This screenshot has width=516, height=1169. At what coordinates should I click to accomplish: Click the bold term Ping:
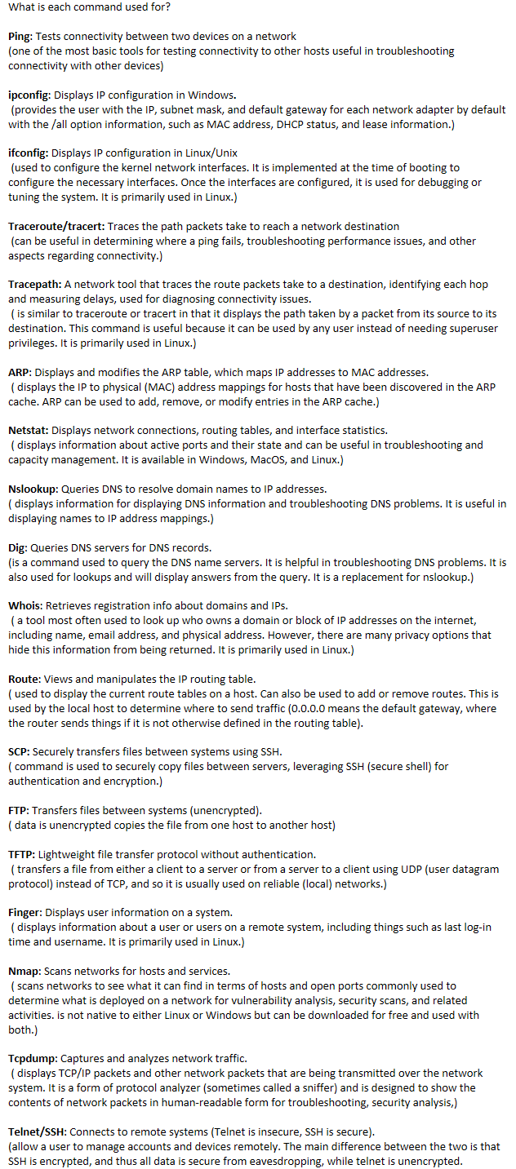pos(20,37)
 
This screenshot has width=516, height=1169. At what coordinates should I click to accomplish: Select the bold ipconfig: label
pos(29,95)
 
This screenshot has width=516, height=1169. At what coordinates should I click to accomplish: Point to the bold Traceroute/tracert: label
pos(56,226)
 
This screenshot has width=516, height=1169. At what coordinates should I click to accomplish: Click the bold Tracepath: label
pos(33,285)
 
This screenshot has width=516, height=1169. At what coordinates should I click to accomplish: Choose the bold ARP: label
pos(20,372)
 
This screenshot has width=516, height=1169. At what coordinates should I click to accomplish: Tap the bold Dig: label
pos(18,547)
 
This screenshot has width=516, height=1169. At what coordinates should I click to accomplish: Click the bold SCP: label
pos(19,751)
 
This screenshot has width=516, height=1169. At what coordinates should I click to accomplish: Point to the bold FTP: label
pos(19,810)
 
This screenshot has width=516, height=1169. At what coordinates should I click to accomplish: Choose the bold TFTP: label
pos(21,854)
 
